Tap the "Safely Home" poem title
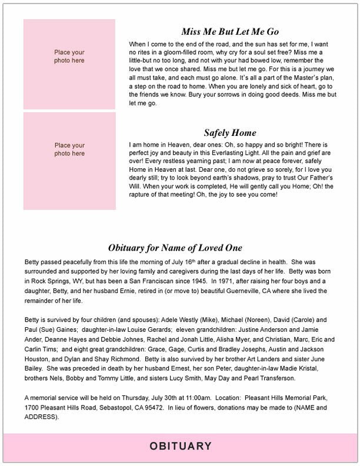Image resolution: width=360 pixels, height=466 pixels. (229, 133)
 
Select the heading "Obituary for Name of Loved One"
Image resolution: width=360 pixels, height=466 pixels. (175, 248)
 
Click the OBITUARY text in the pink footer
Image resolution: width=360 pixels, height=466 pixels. (180, 447)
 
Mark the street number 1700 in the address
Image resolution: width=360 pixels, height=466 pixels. (32, 408)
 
